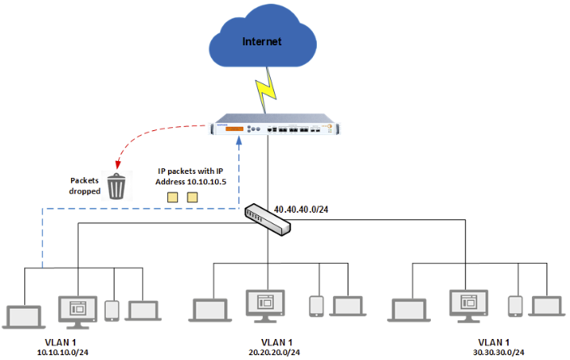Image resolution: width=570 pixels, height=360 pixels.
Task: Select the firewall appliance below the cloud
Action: point(276,129)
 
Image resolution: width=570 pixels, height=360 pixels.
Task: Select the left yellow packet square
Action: point(172,197)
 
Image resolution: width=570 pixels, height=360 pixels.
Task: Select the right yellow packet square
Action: point(192,197)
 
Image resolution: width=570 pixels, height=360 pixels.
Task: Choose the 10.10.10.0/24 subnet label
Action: point(63,352)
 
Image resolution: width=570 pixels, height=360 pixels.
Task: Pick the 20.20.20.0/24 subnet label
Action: point(268,352)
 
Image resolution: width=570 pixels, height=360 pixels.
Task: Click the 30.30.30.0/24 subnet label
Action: point(494,352)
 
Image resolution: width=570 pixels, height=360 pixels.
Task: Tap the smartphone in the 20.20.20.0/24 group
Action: point(316,306)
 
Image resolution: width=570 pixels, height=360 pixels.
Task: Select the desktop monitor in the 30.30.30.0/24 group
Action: point(468,306)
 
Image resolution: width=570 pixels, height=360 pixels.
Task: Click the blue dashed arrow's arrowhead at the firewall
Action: point(239,142)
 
